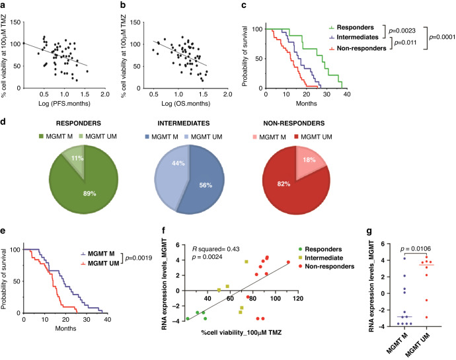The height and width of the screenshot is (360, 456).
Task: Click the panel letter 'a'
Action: tap(5, 5)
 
